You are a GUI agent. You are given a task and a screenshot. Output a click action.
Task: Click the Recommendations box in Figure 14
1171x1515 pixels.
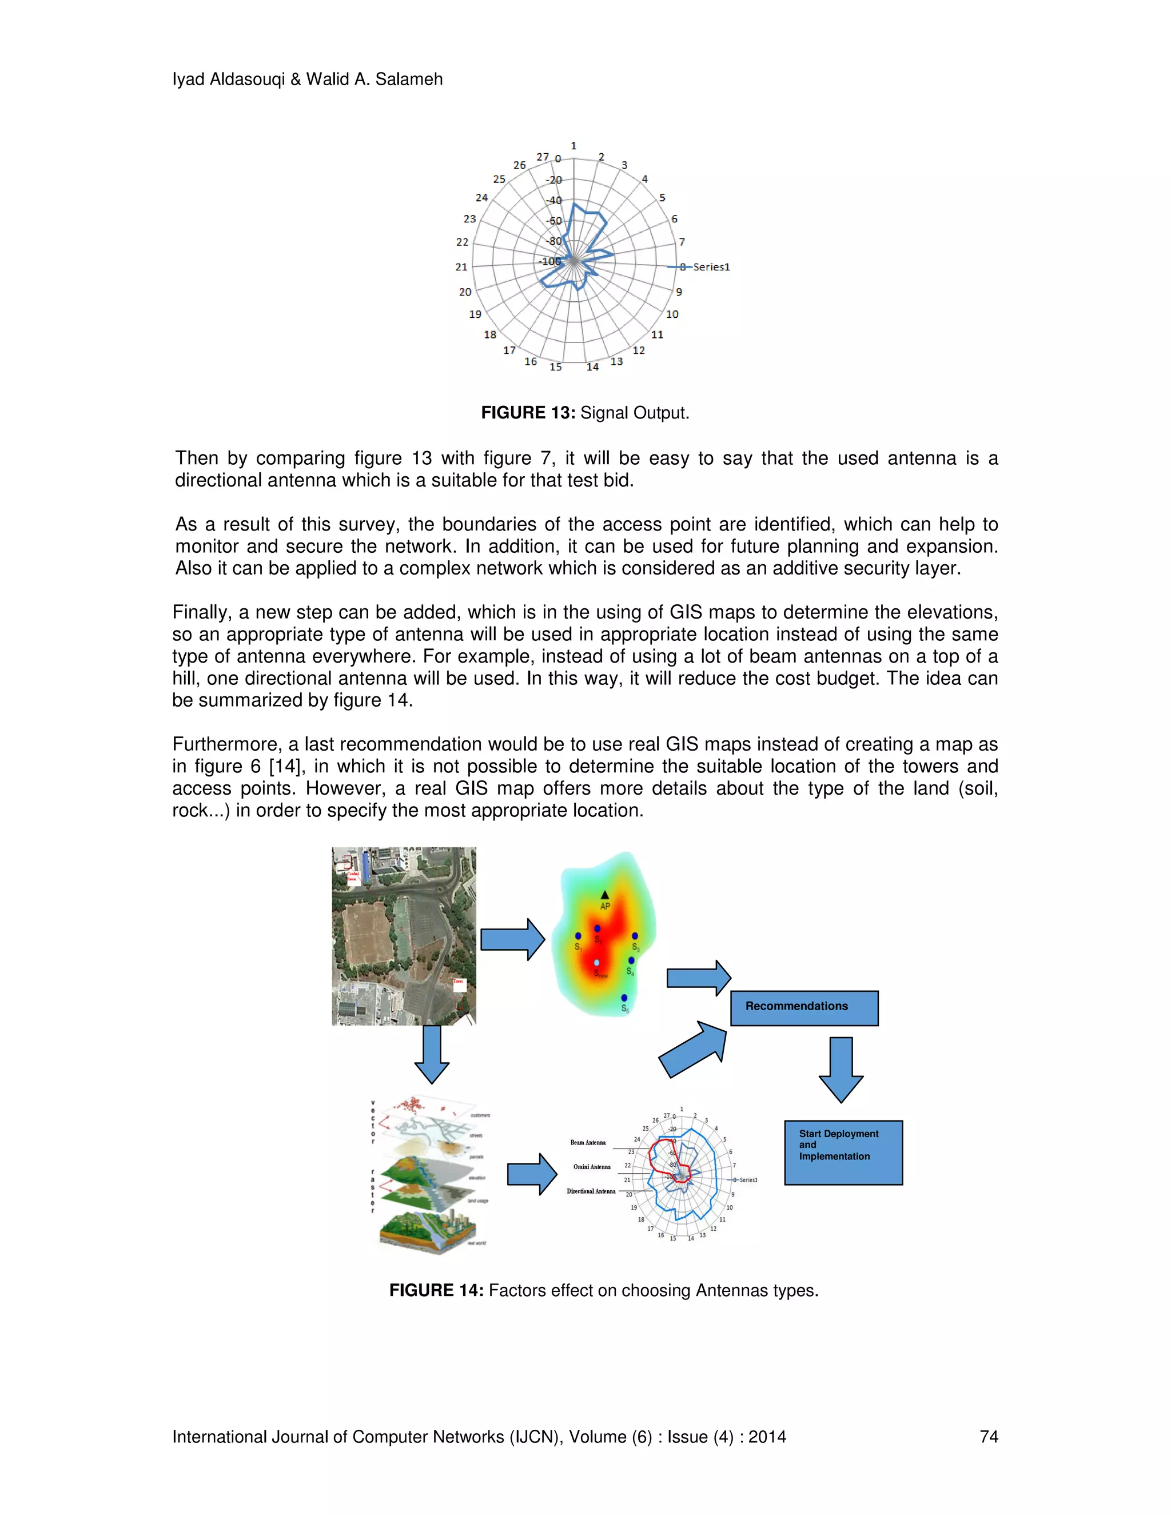click(x=804, y=1008)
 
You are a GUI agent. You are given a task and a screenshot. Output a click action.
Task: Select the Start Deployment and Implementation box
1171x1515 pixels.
click(x=843, y=1152)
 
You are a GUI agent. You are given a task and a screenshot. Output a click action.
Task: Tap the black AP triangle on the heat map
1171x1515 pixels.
click(x=604, y=895)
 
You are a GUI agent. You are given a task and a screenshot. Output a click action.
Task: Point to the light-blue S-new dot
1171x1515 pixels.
click(x=596, y=963)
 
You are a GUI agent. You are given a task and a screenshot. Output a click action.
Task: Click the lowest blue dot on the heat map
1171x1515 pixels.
click(x=624, y=998)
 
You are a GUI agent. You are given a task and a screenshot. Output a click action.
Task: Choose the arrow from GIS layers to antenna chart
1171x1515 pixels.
click(x=531, y=1174)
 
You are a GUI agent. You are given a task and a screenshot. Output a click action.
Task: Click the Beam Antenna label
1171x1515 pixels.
click(x=588, y=1142)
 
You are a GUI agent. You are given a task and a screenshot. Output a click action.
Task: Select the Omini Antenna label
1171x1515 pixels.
click(x=592, y=1167)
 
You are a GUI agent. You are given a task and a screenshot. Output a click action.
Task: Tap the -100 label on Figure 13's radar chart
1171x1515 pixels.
click(x=550, y=261)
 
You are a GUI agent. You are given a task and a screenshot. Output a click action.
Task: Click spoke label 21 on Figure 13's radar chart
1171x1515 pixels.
click(x=461, y=267)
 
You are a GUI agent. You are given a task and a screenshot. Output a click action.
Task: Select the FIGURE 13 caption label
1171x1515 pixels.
click(x=528, y=413)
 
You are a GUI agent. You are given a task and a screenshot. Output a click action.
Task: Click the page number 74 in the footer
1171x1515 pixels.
click(x=989, y=1437)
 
